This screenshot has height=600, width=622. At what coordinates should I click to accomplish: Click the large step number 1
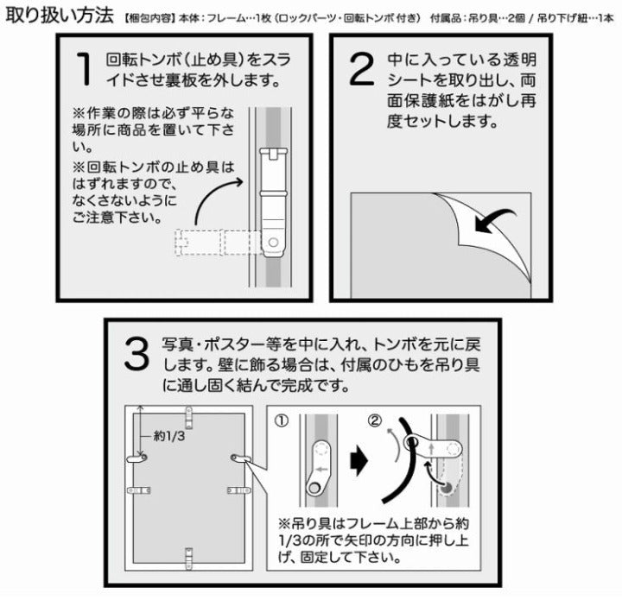[85, 69]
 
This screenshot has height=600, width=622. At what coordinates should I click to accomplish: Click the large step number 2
[361, 69]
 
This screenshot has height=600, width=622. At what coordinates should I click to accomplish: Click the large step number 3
[136, 354]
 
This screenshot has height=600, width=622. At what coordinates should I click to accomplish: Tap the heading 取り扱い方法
[60, 15]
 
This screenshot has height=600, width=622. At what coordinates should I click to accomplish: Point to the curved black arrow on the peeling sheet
[494, 220]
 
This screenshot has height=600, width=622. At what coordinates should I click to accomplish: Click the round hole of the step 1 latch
[273, 242]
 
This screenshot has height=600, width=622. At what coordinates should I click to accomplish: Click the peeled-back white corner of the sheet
[488, 230]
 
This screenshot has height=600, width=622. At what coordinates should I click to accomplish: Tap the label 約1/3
[169, 436]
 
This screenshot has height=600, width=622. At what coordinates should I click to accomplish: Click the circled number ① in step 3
[282, 421]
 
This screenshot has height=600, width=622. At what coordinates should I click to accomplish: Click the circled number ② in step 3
[374, 420]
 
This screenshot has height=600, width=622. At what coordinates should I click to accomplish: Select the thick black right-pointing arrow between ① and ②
[359, 461]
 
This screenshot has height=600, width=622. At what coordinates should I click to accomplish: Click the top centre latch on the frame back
[189, 417]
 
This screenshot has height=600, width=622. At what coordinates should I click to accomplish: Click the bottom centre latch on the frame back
[189, 559]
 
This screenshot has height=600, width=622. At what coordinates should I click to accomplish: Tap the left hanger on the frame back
[136, 458]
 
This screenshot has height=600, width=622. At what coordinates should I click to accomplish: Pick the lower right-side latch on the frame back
[239, 490]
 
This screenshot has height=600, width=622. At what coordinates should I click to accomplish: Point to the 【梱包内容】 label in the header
[149, 18]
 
